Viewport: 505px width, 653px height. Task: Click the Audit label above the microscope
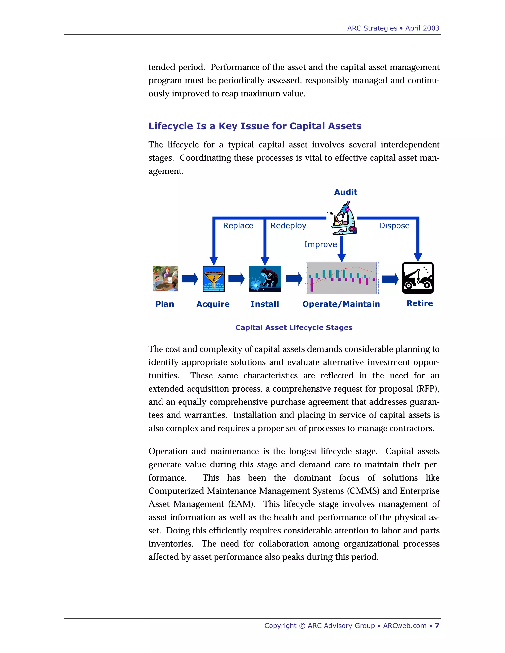pyautogui.click(x=345, y=192)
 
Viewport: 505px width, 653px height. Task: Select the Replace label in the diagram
pyautogui.click(x=238, y=226)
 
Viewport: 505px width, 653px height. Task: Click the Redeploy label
pyautogui.click(x=288, y=226)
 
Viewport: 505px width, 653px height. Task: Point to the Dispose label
pyautogui.click(x=394, y=226)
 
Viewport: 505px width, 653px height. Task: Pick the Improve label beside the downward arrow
pyautogui.click(x=320, y=245)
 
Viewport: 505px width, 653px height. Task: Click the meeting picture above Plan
pyautogui.click(x=165, y=279)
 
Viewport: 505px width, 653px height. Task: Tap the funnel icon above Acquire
pyautogui.click(x=214, y=279)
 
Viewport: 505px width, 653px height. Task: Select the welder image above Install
pyautogui.click(x=265, y=279)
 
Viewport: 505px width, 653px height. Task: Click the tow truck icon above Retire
pyautogui.click(x=418, y=278)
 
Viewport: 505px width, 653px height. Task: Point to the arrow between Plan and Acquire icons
pyautogui.click(x=190, y=279)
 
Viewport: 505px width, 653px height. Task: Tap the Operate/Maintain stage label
pyautogui.click(x=341, y=304)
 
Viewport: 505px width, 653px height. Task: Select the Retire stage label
pyautogui.click(x=419, y=304)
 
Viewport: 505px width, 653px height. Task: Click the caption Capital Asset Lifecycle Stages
pyautogui.click(x=294, y=328)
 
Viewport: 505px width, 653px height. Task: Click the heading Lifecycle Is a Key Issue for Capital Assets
pyautogui.click(x=255, y=126)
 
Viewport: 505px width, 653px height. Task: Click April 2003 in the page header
pyautogui.click(x=422, y=28)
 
